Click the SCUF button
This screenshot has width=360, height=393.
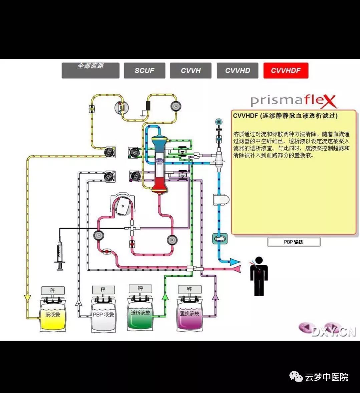tap(144, 71)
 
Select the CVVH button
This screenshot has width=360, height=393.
tap(191, 71)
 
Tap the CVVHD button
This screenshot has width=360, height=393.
tap(237, 71)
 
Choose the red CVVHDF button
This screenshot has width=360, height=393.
tap(286, 71)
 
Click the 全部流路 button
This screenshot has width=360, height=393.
tap(90, 70)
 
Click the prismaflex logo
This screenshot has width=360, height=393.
tap(293, 101)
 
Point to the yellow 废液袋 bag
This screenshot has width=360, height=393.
tap(53, 316)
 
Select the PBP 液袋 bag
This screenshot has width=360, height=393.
tap(103, 316)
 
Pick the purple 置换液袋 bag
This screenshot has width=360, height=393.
tap(190, 315)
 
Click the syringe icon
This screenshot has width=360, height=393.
tap(60, 255)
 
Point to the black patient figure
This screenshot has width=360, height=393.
tap(259, 276)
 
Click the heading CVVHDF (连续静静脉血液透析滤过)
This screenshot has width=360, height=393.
tap(285, 116)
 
